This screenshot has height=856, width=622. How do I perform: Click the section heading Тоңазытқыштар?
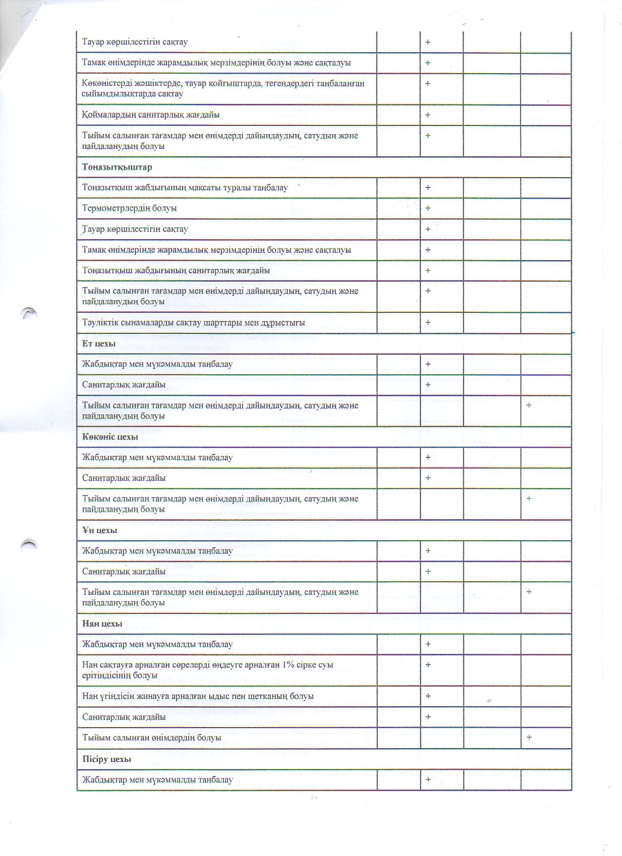pyautogui.click(x=117, y=167)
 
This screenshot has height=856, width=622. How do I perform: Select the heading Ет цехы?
pyautogui.click(x=99, y=344)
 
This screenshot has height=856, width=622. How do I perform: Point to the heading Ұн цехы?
pyautogui.click(x=100, y=530)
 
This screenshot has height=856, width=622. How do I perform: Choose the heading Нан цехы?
pyautogui.click(x=102, y=624)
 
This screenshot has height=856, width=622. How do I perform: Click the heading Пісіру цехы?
pyautogui.click(x=106, y=759)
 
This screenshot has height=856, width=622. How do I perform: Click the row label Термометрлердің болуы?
pyautogui.click(x=129, y=208)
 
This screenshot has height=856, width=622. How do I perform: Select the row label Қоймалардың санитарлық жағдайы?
pyautogui.click(x=151, y=115)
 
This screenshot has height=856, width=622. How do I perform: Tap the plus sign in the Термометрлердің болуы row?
pyautogui.click(x=428, y=208)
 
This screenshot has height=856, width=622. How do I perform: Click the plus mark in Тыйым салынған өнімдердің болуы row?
pyautogui.click(x=529, y=737)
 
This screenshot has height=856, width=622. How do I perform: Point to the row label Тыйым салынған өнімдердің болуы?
pyautogui.click(x=152, y=737)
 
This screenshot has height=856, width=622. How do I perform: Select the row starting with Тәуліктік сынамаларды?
pyautogui.click(x=194, y=323)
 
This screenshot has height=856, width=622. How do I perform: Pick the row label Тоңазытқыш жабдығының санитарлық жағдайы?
pyautogui.click(x=176, y=270)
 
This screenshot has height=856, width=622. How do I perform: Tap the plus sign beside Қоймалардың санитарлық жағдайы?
pyautogui.click(x=428, y=115)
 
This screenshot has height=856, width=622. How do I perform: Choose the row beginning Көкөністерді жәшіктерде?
pyautogui.click(x=223, y=88)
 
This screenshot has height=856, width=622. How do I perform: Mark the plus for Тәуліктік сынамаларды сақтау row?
pyautogui.click(x=428, y=323)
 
